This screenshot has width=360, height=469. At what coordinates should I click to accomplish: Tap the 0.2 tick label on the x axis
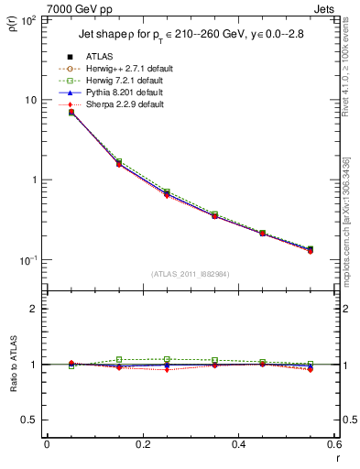point(141,445)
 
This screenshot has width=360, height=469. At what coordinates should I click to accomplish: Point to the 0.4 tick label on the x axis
point(237,445)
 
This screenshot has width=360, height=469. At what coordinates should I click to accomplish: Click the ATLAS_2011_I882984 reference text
point(190,273)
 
